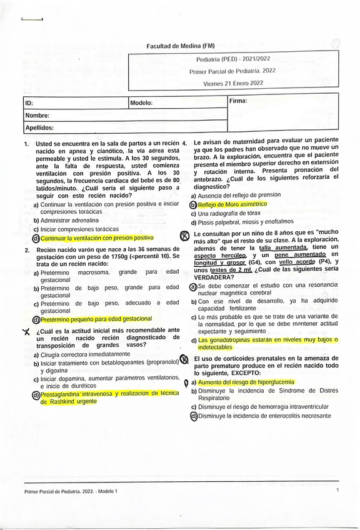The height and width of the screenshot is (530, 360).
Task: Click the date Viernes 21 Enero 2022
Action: click(233, 82)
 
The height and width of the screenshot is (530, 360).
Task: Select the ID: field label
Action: click(29, 103)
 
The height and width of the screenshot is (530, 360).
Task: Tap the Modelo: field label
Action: click(142, 103)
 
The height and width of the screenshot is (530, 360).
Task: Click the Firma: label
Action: click(238, 101)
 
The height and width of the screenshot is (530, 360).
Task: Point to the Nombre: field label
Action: click(37, 116)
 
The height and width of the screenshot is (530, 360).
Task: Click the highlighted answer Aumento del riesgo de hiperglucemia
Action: click(246, 382)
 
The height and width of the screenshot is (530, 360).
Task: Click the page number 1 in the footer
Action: click(337, 490)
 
